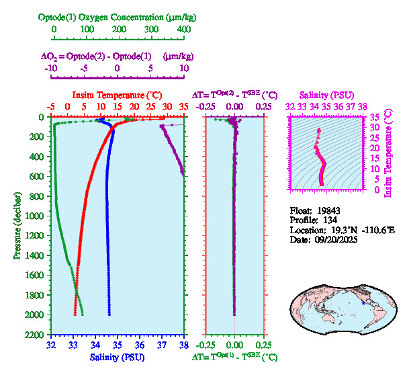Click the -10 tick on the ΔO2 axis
pyautogui.click(x=51, y=68)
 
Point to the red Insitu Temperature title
pyautogui.click(x=118, y=95)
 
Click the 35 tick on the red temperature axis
pyautogui.click(x=184, y=106)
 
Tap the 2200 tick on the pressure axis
pyautogui.click(x=35, y=334)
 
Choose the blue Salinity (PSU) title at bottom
pyautogui.click(x=118, y=358)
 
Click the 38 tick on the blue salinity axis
pyautogui.click(x=184, y=345)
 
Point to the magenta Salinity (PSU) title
pyautogui.click(x=326, y=95)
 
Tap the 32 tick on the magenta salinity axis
pyautogui.click(x=290, y=106)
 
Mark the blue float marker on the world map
pyautogui.click(x=363, y=304)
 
